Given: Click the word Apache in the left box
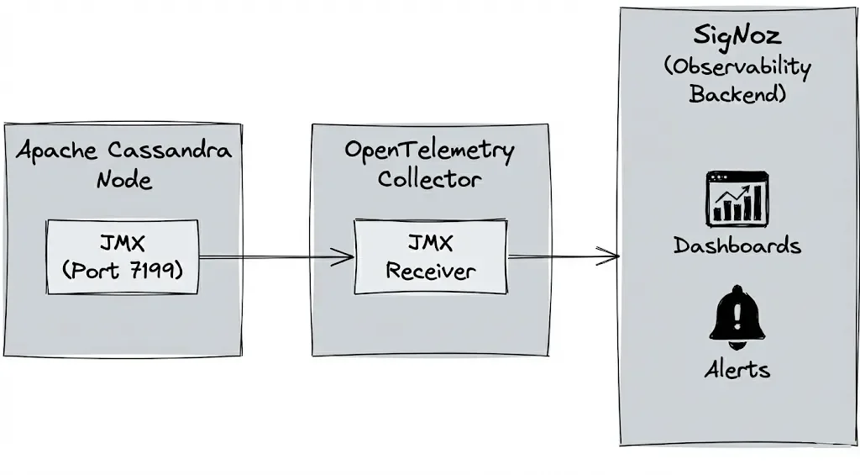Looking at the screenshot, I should click(x=57, y=151).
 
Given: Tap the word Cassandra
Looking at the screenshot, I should click(x=170, y=151).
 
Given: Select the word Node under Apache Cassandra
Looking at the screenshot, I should click(x=124, y=180).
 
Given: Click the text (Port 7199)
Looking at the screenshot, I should click(x=123, y=271).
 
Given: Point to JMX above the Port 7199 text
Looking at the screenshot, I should click(x=123, y=245).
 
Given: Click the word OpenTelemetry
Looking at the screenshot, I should click(x=429, y=151).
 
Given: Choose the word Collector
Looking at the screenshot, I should click(x=429, y=179).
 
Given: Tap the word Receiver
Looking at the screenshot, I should click(x=430, y=271).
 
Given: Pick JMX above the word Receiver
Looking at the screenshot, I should click(x=430, y=244).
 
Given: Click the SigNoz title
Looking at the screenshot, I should click(x=737, y=36).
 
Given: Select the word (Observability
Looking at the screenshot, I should click(x=737, y=66).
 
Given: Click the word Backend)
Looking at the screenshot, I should click(x=737, y=93).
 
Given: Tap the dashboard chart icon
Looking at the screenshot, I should click(x=737, y=198).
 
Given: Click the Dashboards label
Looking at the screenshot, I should click(x=737, y=245).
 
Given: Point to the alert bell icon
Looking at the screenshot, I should click(x=737, y=317).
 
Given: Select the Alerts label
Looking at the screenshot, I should click(x=737, y=369).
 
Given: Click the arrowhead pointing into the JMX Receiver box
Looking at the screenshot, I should click(x=347, y=257).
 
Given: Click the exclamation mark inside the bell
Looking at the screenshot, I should click(x=737, y=316).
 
